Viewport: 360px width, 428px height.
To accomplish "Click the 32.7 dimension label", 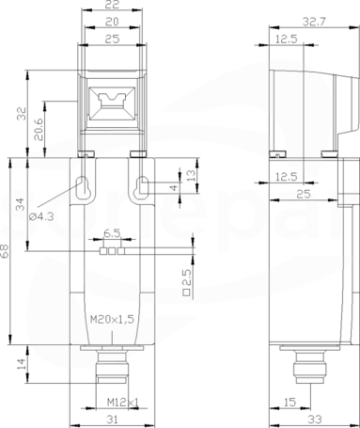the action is (314, 22).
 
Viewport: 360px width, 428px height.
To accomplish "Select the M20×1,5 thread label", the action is (112, 320).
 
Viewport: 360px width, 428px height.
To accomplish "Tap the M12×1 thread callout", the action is (123, 402).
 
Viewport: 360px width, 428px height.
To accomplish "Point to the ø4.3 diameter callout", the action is (42, 216).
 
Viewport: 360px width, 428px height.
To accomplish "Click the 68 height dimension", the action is (5, 251).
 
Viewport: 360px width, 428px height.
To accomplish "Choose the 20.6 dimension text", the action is (39, 129).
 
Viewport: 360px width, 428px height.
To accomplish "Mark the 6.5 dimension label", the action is (112, 233).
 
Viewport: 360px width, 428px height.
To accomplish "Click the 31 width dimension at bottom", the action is (112, 420).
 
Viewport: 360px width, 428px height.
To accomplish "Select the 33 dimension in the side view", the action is (314, 420).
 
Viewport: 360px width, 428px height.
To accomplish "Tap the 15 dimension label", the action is (290, 402).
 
